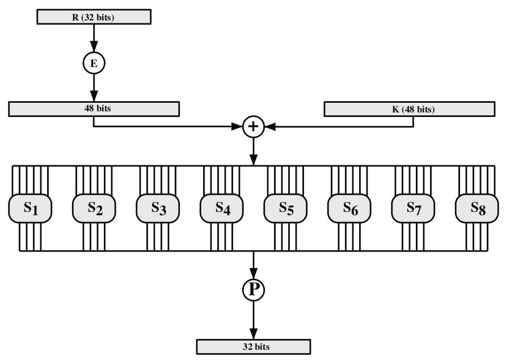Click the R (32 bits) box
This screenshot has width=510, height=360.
(94, 16)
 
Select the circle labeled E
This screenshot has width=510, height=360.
(94, 64)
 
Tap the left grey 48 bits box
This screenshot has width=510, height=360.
(94, 108)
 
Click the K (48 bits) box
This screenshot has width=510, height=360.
(409, 108)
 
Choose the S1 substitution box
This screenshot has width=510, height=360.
(30, 208)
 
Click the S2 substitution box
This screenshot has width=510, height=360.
(94, 208)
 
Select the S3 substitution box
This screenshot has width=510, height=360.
(158, 208)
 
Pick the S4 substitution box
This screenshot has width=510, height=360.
(222, 208)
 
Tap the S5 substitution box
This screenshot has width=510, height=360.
(285, 208)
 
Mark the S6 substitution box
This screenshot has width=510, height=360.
(349, 208)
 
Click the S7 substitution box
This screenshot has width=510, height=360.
(413, 208)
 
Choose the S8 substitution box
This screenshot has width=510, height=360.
(477, 208)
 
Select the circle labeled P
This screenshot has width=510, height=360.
(254, 291)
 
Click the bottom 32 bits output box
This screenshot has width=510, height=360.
(254, 345)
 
